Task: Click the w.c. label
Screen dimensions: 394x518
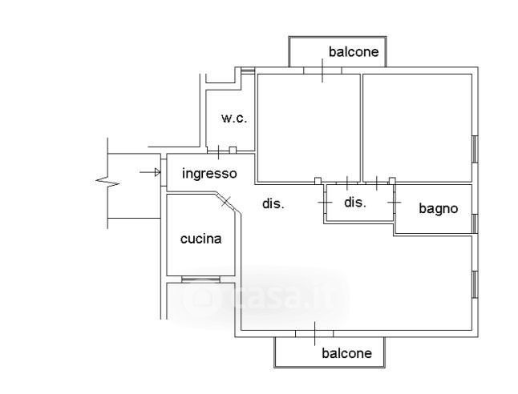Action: tap(234, 119)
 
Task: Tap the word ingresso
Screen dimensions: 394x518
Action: tap(209, 173)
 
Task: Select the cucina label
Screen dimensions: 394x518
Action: tap(200, 239)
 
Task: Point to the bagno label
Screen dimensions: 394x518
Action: tap(439, 208)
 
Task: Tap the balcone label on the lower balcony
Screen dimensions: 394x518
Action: tap(346, 353)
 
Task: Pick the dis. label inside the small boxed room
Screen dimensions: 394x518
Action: tap(355, 203)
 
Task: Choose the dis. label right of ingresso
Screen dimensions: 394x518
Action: tap(274, 204)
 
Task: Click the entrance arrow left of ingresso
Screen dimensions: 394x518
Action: tap(148, 172)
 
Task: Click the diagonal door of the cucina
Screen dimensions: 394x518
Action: tap(226, 201)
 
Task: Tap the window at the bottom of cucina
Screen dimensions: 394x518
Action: tap(200, 279)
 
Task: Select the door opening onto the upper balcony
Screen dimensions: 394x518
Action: tap(322, 71)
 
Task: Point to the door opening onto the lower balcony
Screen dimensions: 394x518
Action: tap(315, 332)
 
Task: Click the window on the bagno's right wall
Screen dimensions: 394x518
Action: tap(475, 223)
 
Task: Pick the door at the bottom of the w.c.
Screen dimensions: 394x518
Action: tap(219, 151)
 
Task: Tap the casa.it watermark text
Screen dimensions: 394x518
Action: tap(273, 297)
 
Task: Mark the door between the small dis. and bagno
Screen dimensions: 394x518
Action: tap(394, 203)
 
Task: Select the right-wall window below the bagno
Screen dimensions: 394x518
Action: tap(475, 284)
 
